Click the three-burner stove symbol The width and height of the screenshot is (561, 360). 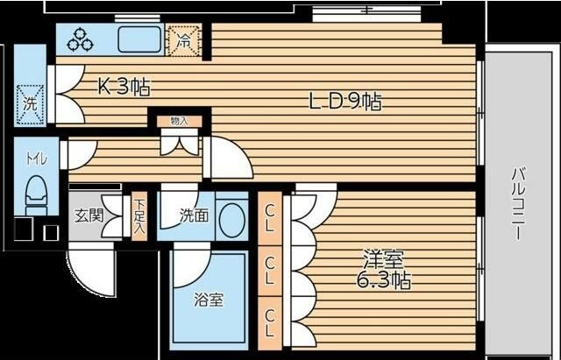pyautogui.click(x=81, y=39)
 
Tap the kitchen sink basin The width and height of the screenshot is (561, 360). pyautogui.click(x=140, y=39)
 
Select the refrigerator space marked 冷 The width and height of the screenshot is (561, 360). pyautogui.click(x=184, y=40)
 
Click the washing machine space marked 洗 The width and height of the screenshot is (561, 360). pyautogui.click(x=31, y=105)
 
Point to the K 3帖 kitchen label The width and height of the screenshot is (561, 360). pyautogui.click(x=124, y=87)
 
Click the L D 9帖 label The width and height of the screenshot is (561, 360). pyautogui.click(x=345, y=102)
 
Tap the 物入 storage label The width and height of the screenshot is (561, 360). pyautogui.click(x=179, y=121)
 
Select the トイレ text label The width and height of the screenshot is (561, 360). pyautogui.click(x=37, y=159)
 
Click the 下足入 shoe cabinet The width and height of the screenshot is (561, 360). pyautogui.click(x=139, y=217)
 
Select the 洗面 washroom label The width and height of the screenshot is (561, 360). pyautogui.click(x=194, y=215)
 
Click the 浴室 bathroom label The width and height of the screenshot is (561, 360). pyautogui.click(x=209, y=300)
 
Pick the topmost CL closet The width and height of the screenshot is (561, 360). pyautogui.click(x=270, y=218)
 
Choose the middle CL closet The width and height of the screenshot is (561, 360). pyautogui.click(x=270, y=271)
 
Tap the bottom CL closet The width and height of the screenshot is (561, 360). pyautogui.click(x=270, y=323)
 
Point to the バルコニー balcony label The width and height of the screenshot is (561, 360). pyautogui.click(x=518, y=203)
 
